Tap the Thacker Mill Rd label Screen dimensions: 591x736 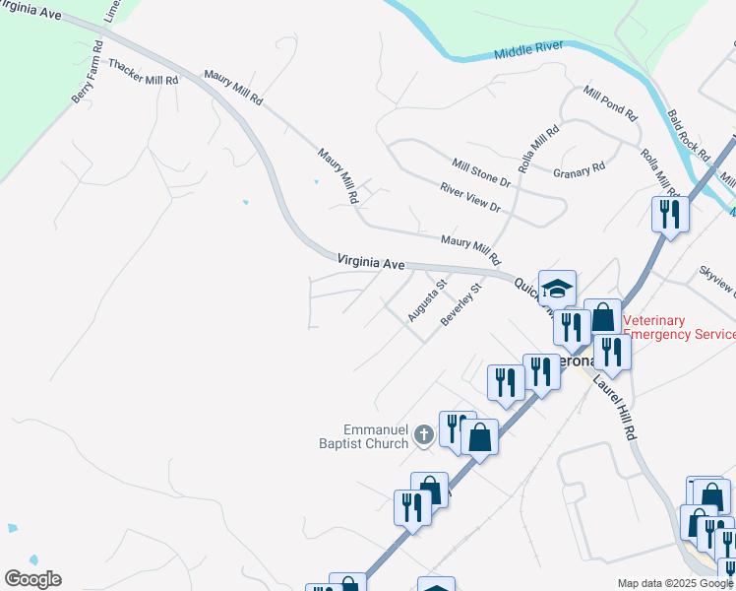click(x=144, y=72)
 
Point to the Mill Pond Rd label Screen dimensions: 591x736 click(x=610, y=101)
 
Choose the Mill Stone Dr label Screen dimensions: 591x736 click(x=481, y=173)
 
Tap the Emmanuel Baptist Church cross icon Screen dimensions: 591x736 click(x=423, y=434)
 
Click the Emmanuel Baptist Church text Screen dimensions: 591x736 click(x=375, y=436)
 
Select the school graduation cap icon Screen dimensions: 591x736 click(x=557, y=288)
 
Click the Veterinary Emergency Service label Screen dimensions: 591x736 click(x=680, y=327)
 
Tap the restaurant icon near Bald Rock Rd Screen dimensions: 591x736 click(x=670, y=214)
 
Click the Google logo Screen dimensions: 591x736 click(x=32, y=579)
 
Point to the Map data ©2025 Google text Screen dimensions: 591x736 click(x=674, y=583)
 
